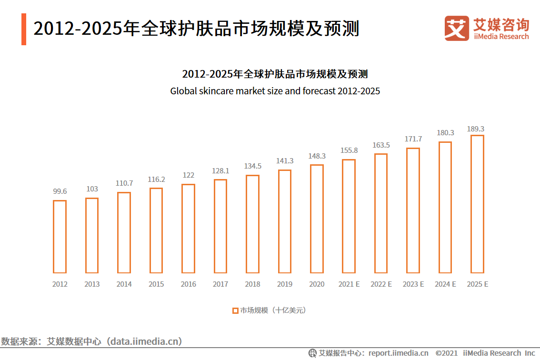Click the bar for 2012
(60, 237)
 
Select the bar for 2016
(188, 229)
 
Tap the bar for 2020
(317, 219)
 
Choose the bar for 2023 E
(413, 210)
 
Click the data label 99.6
(60, 191)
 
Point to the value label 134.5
(252, 166)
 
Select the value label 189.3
(477, 129)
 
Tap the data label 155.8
(349, 150)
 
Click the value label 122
(188, 175)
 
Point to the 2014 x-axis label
(124, 284)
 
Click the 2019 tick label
(285, 284)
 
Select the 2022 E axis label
(381, 284)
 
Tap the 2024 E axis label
(445, 284)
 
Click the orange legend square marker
(235, 310)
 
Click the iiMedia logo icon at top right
(457, 29)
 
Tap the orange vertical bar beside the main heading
(24, 30)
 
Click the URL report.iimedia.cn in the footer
(398, 353)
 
